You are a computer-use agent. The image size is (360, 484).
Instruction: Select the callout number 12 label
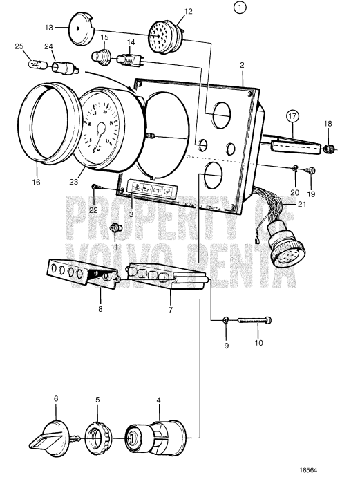(x=169, y=11)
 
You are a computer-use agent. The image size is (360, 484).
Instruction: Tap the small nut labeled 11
(x=115, y=228)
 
